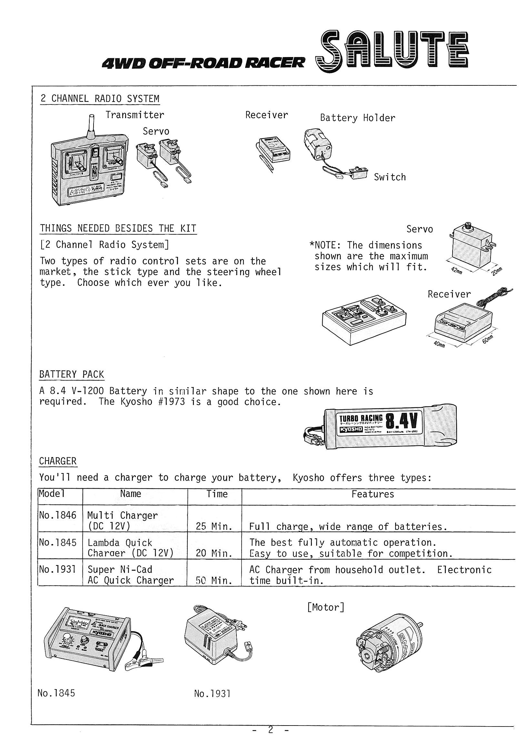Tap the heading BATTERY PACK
[71, 374]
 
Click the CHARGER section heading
[58, 461]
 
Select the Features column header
[373, 494]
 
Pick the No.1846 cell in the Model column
[58, 515]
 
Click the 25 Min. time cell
[214, 527]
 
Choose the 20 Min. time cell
[214, 553]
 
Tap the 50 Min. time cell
[214, 580]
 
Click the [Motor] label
[326, 607]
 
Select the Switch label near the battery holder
[390, 177]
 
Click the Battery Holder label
[357, 118]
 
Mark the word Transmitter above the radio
[135, 115]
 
